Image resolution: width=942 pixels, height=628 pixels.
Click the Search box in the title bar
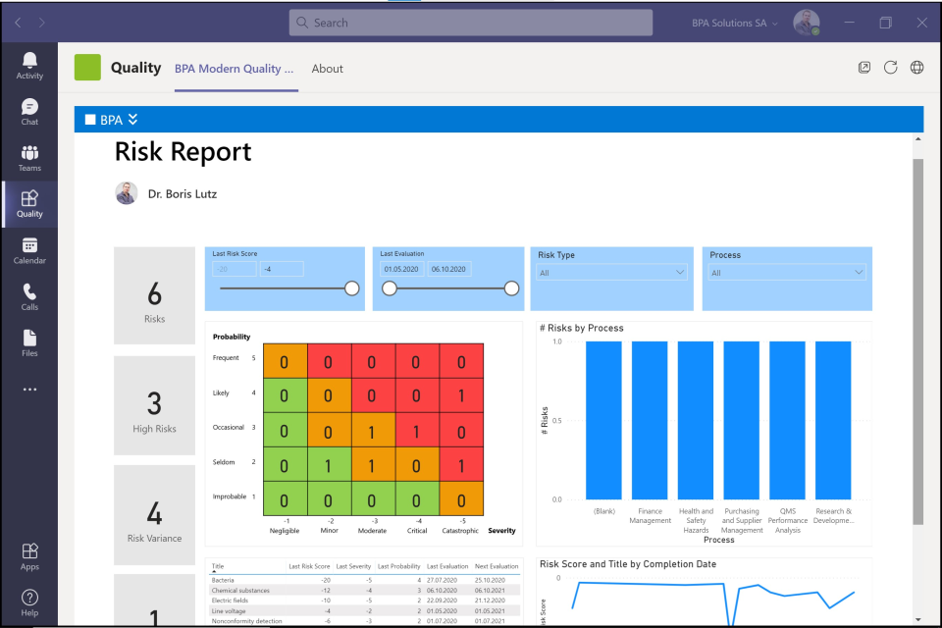[x=471, y=23]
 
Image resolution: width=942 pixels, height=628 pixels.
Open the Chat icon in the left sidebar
[x=29, y=112]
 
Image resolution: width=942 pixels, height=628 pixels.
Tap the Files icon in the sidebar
[x=29, y=342]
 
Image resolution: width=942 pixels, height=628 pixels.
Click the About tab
[x=327, y=69]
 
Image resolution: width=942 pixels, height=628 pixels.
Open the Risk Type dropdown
[x=612, y=273]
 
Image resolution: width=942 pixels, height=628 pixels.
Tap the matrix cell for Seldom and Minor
[x=329, y=465]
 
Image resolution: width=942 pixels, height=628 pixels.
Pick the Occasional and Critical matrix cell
[x=417, y=431]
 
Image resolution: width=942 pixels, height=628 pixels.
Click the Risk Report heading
[x=183, y=152]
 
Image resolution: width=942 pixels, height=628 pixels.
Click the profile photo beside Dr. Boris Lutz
[x=127, y=193]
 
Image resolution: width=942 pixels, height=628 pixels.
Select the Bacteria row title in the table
[x=224, y=580]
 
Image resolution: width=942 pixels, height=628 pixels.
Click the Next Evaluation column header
[x=497, y=566]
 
